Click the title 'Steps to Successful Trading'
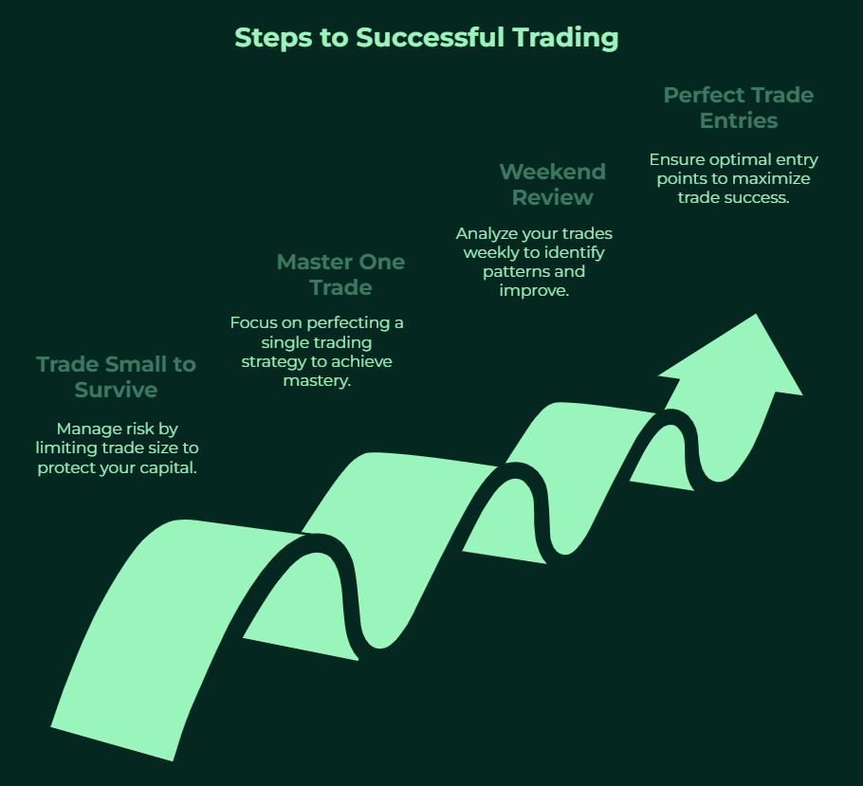(x=427, y=38)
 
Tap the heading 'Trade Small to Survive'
(x=116, y=377)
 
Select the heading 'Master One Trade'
(x=340, y=275)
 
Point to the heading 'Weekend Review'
(x=553, y=184)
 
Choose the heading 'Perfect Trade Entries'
(x=739, y=108)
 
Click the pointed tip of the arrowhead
(x=756, y=314)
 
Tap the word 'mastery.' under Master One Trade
(x=317, y=381)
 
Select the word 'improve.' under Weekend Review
(x=534, y=291)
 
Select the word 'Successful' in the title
(x=430, y=38)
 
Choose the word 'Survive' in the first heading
(x=116, y=390)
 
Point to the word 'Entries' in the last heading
(x=739, y=120)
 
